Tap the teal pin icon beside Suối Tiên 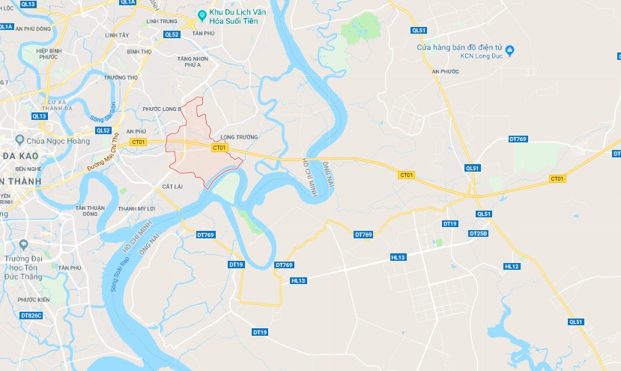pyautogui.click(x=202, y=15)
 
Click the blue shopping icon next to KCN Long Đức pyautogui.click(x=510, y=50)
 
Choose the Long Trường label pyautogui.click(x=240, y=137)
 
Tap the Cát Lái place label pyautogui.click(x=173, y=186)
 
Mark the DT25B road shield pyautogui.click(x=477, y=234)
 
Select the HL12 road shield pyautogui.click(x=512, y=266)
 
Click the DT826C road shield pyautogui.click(x=31, y=316)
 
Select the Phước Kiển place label pyautogui.click(x=34, y=300)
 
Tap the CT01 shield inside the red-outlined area pyautogui.click(x=219, y=148)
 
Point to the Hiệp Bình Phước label pyautogui.click(x=48, y=52)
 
